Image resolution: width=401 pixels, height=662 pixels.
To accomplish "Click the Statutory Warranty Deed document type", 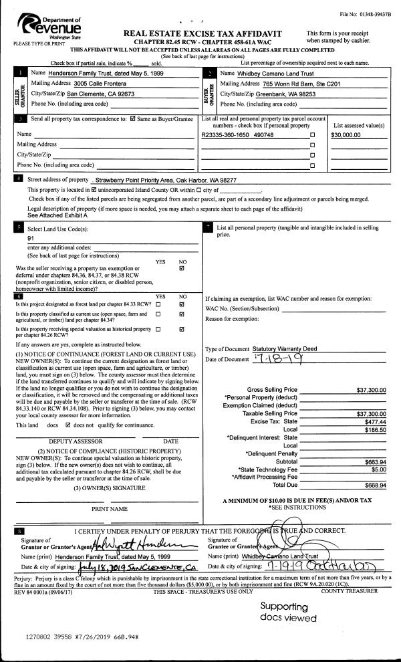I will coord(286,349).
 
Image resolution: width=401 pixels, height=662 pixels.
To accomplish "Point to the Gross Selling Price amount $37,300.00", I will coord(372,390).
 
